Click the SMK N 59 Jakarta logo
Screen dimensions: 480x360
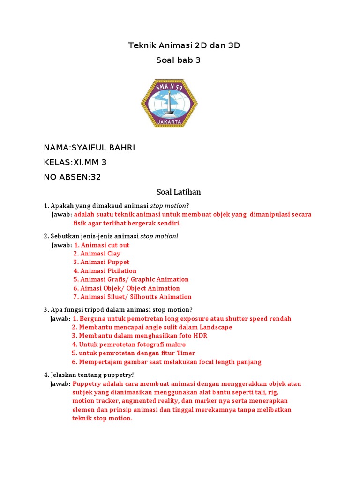click(169, 104)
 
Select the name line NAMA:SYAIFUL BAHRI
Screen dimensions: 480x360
click(89, 148)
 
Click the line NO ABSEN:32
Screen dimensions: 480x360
click(72, 177)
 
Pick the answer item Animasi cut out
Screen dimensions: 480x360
click(102, 245)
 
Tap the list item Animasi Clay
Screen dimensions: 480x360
click(97, 254)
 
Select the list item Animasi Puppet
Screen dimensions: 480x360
click(101, 262)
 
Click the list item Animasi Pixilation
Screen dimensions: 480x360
click(105, 271)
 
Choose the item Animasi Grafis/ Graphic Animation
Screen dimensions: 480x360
click(131, 279)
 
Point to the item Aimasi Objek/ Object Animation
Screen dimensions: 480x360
click(127, 288)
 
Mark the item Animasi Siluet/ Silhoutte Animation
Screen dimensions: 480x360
click(133, 297)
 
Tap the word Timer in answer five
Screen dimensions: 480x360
click(186, 353)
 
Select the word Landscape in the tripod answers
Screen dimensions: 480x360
click(216, 327)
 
